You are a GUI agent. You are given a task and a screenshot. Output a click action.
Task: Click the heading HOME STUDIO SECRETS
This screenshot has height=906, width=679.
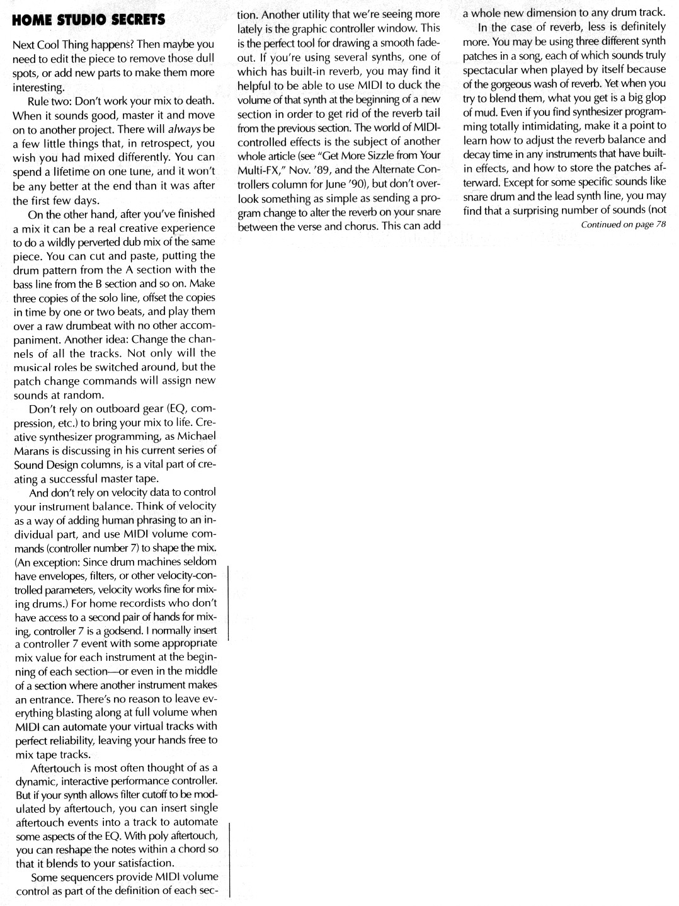coord(88,20)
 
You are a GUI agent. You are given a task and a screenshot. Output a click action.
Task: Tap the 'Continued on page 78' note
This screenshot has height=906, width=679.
coord(623,226)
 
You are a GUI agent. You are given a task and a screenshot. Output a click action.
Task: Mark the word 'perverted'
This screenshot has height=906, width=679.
coord(119,242)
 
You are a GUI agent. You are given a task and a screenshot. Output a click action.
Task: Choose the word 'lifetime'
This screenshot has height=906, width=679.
coord(71,171)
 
